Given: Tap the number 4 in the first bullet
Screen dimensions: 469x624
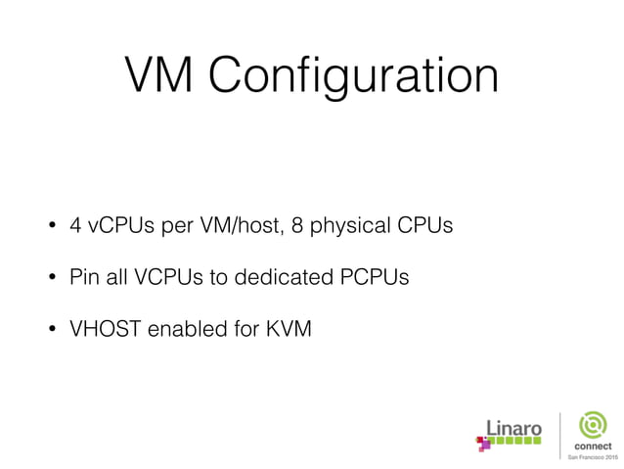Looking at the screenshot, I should coord(75,226).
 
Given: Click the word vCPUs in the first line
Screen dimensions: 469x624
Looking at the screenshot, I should coord(115,227).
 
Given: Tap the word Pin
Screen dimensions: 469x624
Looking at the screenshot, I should coord(84,278).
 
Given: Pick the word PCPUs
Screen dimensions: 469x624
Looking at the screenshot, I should coord(374,278).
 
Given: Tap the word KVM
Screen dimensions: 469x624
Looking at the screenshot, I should coord(289,330).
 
